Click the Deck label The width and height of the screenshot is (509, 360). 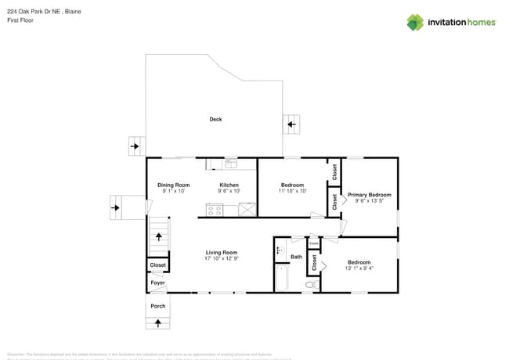pyautogui.click(x=215, y=119)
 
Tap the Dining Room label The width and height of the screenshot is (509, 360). pyautogui.click(x=173, y=185)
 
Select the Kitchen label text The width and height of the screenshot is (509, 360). pyautogui.click(x=229, y=185)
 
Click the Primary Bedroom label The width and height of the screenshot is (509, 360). pyautogui.click(x=369, y=195)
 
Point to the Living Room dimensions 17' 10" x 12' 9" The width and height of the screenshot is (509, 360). pyautogui.click(x=222, y=258)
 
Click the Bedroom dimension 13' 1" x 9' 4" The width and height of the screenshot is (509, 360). pyautogui.click(x=359, y=268)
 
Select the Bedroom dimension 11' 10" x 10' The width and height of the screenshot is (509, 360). pyautogui.click(x=292, y=190)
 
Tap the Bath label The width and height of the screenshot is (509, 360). pyautogui.click(x=296, y=257)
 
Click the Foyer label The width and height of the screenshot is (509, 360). pyautogui.click(x=157, y=283)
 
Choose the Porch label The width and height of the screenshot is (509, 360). pyautogui.click(x=158, y=306)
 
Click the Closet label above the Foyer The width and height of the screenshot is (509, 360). pyautogui.click(x=157, y=266)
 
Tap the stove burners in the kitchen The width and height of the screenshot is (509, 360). pyautogui.click(x=215, y=209)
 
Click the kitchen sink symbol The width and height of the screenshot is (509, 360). pyautogui.click(x=230, y=164)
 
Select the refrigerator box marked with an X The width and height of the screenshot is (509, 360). pyautogui.click(x=247, y=209)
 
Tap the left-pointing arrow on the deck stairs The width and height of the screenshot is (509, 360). pyautogui.click(x=291, y=124)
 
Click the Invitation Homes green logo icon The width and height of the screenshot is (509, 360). pyautogui.click(x=415, y=22)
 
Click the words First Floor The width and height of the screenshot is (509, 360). pyautogui.click(x=21, y=21)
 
